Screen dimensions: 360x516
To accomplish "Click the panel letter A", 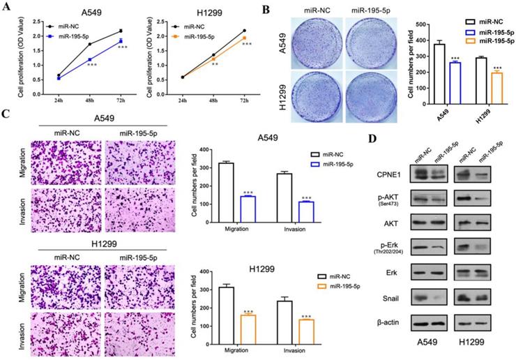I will [8, 8].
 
